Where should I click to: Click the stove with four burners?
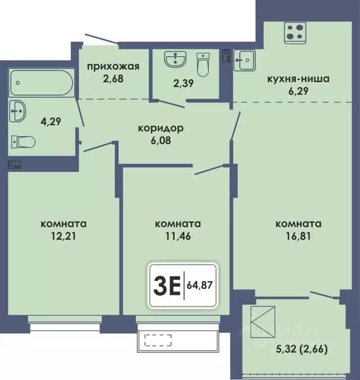point(295,33)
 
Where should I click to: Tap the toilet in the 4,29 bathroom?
point(23,142)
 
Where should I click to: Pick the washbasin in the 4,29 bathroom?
point(18,111)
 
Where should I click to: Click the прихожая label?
point(113,66)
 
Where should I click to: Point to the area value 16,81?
point(298,236)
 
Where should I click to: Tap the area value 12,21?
point(63,236)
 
